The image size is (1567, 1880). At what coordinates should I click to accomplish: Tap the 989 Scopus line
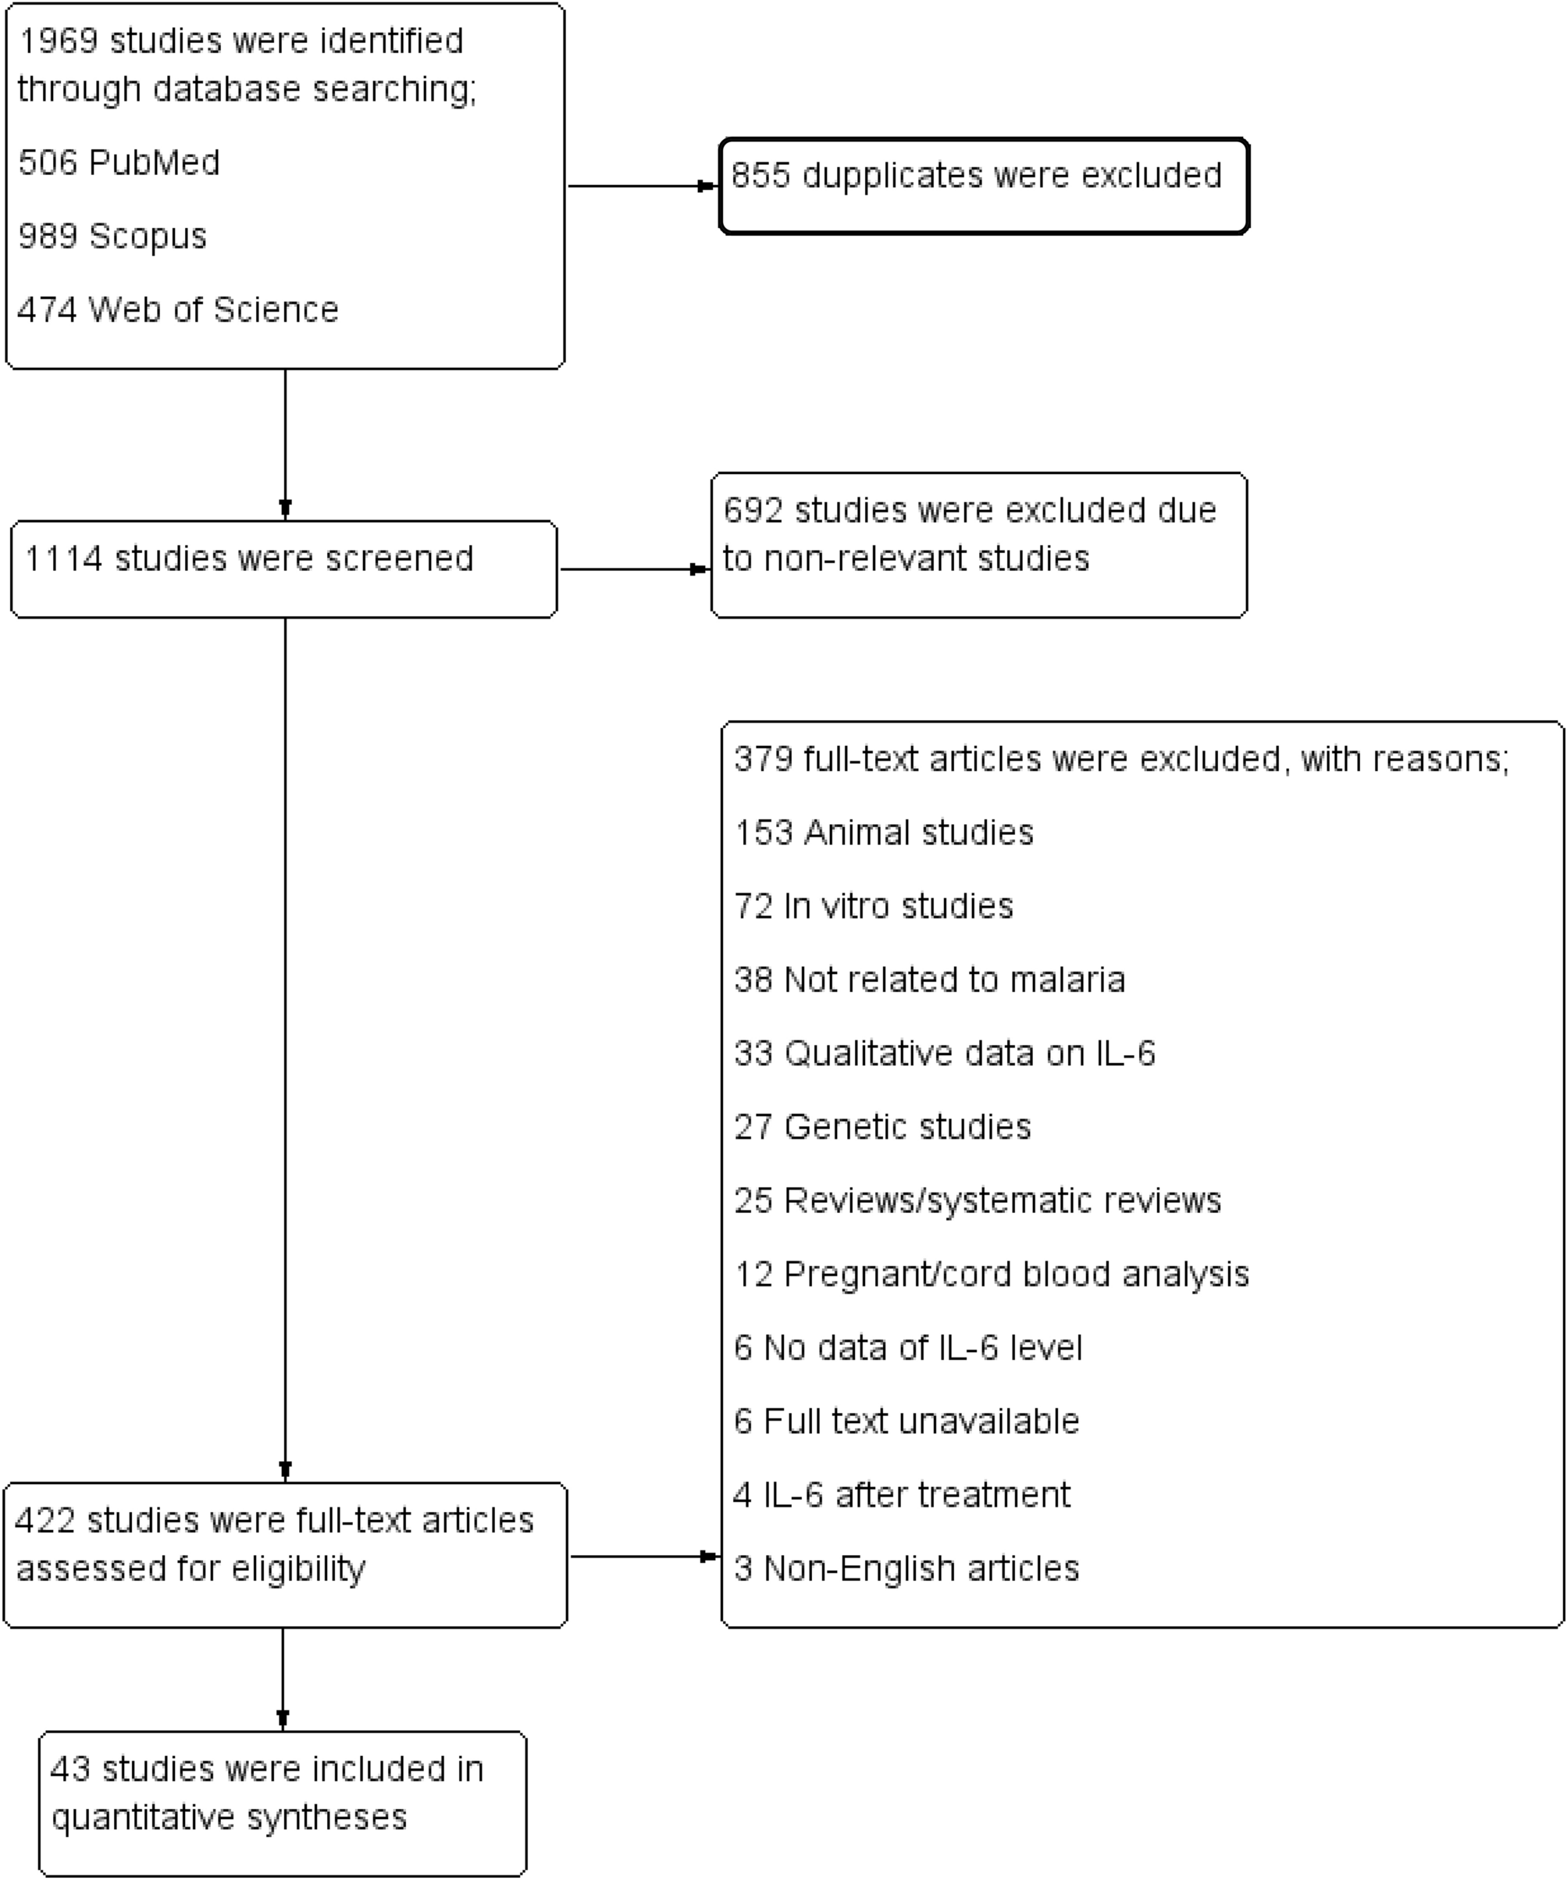pyautogui.click(x=112, y=237)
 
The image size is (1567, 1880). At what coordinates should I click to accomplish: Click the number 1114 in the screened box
pyautogui.click(x=62, y=558)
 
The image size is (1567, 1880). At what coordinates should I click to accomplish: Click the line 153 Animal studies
pyautogui.click(x=884, y=833)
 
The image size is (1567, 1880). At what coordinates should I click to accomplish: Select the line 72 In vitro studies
pyautogui.click(x=874, y=906)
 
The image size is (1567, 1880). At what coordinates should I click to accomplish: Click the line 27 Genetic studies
pyautogui.click(x=882, y=1126)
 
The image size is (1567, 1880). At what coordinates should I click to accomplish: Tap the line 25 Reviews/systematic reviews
pyautogui.click(x=978, y=1200)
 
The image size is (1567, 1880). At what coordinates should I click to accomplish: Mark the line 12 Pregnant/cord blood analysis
pyautogui.click(x=992, y=1274)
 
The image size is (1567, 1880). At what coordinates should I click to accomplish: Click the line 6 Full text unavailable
pyautogui.click(x=906, y=1422)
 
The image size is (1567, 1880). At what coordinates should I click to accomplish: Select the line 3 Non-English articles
pyautogui.click(x=906, y=1568)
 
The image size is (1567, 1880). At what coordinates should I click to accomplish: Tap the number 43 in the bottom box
pyautogui.click(x=69, y=1769)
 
